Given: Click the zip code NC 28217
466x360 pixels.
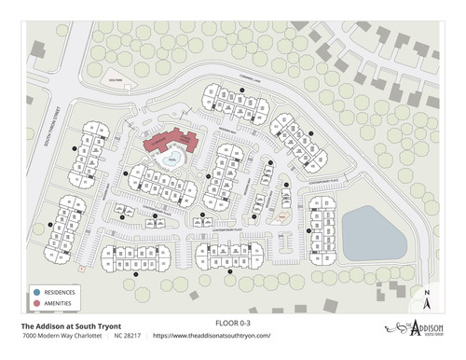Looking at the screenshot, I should [128, 336].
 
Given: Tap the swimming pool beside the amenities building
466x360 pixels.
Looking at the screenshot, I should [171, 160].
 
